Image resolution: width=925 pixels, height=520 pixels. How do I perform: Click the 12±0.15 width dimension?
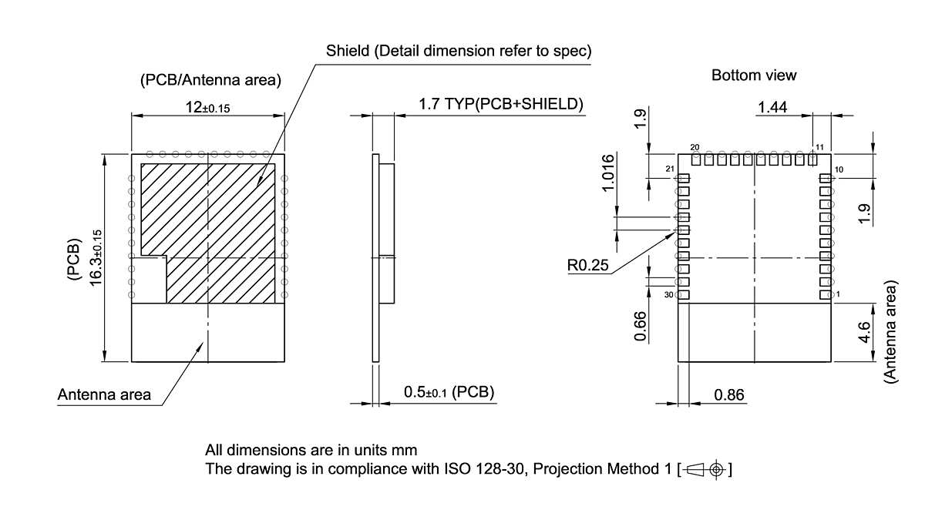(207, 108)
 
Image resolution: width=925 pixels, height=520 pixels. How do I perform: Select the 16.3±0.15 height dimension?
(96, 257)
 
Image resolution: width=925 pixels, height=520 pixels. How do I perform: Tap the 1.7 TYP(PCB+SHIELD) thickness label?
(500, 104)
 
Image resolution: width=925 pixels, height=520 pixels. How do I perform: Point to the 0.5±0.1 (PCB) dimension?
(449, 392)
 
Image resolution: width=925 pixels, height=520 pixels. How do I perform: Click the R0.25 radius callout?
(587, 266)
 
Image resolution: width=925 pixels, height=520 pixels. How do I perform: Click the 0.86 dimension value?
(729, 395)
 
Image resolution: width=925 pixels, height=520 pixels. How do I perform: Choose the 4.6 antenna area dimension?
(864, 333)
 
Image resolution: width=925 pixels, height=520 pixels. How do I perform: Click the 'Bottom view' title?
(753, 75)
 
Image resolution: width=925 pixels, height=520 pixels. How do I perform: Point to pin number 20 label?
(695, 147)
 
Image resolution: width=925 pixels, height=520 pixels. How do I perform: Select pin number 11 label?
(819, 147)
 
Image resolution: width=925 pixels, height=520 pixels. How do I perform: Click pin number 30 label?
(668, 295)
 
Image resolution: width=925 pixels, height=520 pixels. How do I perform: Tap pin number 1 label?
(838, 295)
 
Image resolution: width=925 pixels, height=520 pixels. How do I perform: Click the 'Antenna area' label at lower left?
(104, 395)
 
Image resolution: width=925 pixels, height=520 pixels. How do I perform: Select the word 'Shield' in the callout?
(346, 52)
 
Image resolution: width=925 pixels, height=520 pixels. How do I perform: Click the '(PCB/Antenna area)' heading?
(210, 80)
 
